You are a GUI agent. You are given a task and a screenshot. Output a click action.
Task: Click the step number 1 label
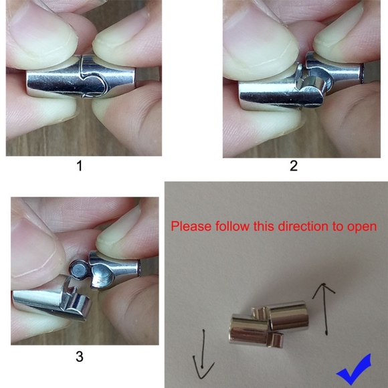pyautogui.click(x=80, y=166)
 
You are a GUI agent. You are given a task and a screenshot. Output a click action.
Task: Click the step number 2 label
pyautogui.click(x=294, y=166)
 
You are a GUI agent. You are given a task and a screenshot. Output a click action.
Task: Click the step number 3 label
pyautogui.click(x=80, y=357)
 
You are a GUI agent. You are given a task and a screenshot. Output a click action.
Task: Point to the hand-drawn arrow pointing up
pyautogui.click(x=324, y=309)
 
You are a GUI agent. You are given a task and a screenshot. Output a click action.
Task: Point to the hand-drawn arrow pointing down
pyautogui.click(x=203, y=354)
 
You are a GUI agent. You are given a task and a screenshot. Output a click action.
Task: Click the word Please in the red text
pyautogui.click(x=191, y=226)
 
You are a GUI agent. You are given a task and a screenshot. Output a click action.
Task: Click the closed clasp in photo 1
pyautogui.click(x=81, y=78)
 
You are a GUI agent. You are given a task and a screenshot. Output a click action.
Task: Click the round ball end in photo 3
pyautogui.click(x=79, y=269)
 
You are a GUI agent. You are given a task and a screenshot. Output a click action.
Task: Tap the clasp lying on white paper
pyautogui.click(x=269, y=324)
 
